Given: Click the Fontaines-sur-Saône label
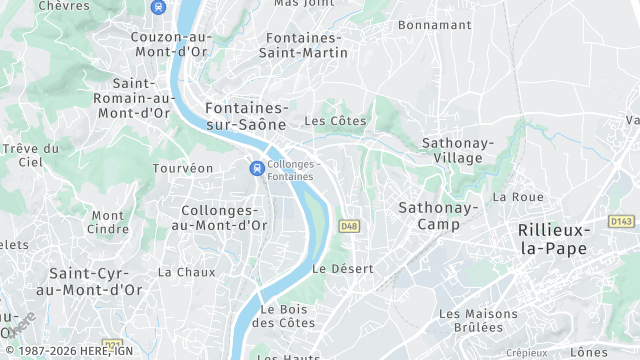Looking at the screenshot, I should point(245,116).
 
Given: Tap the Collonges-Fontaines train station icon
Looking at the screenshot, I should point(257,169).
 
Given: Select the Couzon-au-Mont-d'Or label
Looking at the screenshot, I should point(171,45).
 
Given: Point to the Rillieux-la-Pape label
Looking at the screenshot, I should point(554,239).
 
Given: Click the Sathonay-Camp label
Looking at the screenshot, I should point(438,216).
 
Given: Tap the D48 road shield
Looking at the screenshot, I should point(349,226).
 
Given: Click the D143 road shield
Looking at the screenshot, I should point(621,221).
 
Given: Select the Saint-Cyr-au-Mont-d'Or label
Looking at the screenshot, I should point(96,281).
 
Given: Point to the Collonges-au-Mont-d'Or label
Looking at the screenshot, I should point(225,218).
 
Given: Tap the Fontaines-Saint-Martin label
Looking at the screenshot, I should point(303,45).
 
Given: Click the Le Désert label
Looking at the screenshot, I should point(343,269).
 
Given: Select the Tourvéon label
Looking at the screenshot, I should point(183,168).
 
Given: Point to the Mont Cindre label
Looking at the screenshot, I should point(108,222).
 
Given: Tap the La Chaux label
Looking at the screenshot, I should point(187,272).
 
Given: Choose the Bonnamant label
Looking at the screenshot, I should point(435,23).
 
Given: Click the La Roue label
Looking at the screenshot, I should point(518,197).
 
